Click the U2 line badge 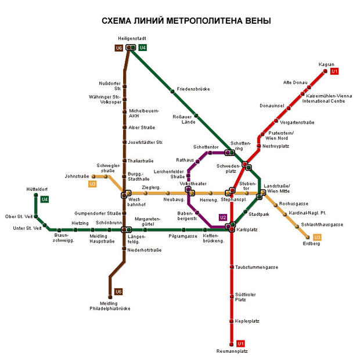pyautogui.click(x=223, y=218)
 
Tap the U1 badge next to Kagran pyautogui.click(x=334, y=71)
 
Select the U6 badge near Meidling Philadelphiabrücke pyautogui.click(x=118, y=292)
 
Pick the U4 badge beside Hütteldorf pyautogui.click(x=45, y=199)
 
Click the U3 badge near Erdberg pyautogui.click(x=317, y=237)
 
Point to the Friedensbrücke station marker pyautogui.click(x=172, y=92)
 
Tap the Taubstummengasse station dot pyautogui.click(x=232, y=267)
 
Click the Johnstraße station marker pyautogui.click(x=93, y=176)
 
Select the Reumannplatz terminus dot pyautogui.click(x=232, y=344)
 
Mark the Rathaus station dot pyautogui.click(x=197, y=161)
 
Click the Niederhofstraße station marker pyautogui.click(x=124, y=249)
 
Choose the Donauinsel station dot pyautogui.click(x=289, y=108)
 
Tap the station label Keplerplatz pyautogui.click(x=247, y=321)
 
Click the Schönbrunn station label pyautogui.click(x=109, y=223)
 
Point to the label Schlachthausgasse pyautogui.click(x=322, y=225)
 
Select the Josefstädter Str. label pyautogui.click(x=145, y=143)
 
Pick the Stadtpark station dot pyautogui.click(x=245, y=212)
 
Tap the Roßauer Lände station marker pyautogui.click(x=196, y=115)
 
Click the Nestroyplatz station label pyautogui.click(x=276, y=146)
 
